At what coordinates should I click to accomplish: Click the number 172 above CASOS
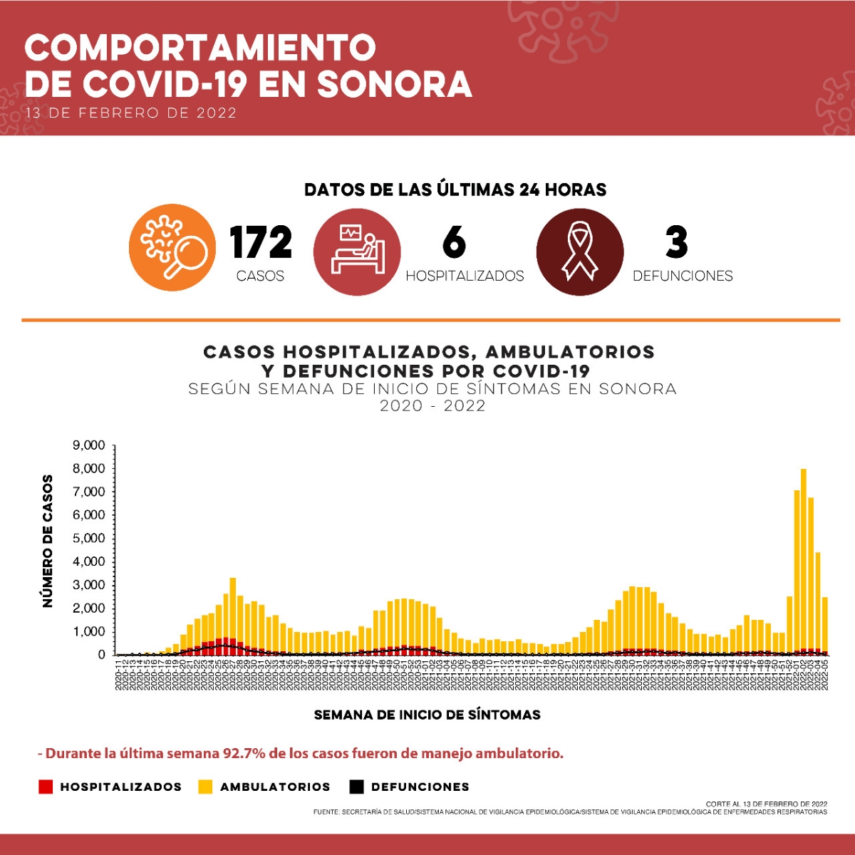[x=261, y=242]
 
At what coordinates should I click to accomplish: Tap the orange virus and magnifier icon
[x=172, y=247]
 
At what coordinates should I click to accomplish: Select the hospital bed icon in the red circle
[x=358, y=252]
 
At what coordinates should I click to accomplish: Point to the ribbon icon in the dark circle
[x=579, y=252]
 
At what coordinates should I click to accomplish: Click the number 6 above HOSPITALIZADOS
[x=454, y=242]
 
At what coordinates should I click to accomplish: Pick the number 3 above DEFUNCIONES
[x=676, y=242]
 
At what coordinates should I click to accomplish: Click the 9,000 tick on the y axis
[x=89, y=445]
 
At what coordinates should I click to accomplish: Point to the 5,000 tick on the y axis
[x=89, y=538]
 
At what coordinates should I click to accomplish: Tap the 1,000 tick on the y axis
[x=89, y=631]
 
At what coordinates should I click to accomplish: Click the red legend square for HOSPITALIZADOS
[x=46, y=787]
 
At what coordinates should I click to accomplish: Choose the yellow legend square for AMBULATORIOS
[x=205, y=787]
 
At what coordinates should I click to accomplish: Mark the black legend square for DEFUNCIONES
[x=356, y=787]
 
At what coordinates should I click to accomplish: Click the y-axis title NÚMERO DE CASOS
[x=48, y=541]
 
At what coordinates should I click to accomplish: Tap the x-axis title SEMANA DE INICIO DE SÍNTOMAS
[x=427, y=715]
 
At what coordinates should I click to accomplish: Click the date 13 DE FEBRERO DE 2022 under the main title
[x=130, y=113]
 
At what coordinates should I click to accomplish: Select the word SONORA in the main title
[x=394, y=84]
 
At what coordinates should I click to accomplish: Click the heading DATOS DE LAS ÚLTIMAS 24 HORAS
[x=455, y=190]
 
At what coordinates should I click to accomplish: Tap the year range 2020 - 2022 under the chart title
[x=432, y=406]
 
